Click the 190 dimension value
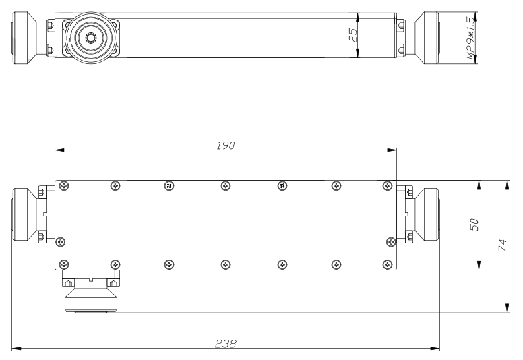tap(226, 145)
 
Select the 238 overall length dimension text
tap(226, 343)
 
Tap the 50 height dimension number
tap(474, 224)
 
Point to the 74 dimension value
tap(502, 245)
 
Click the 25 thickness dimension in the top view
tap(353, 35)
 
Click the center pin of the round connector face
tap(90, 38)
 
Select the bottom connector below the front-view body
tap(91, 292)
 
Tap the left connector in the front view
tap(33, 214)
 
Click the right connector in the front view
tap(419, 214)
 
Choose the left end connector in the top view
tap(34, 38)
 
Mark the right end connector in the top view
tap(418, 38)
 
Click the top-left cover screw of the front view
tap(63, 186)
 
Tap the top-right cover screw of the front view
tap(388, 186)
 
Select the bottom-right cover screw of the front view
tap(388, 264)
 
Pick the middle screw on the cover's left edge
tap(60, 242)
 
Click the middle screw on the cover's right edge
tap(391, 242)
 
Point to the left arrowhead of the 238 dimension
tap(17, 349)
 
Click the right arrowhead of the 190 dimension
tap(392, 150)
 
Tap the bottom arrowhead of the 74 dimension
tap(507, 308)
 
